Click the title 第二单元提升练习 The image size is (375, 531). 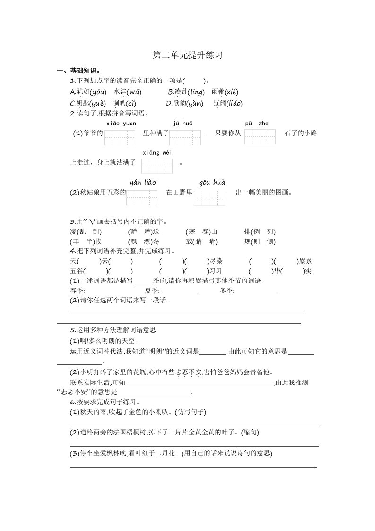click(187, 55)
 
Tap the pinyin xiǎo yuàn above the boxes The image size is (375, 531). click(121, 124)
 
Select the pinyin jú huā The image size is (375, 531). click(183, 124)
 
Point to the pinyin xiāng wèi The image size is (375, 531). click(157, 152)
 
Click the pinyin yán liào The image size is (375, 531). click(142, 182)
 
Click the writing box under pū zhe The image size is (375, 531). click(260, 136)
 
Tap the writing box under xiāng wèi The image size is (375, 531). click(157, 166)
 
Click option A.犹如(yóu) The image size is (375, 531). click(88, 92)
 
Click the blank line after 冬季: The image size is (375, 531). click(256, 291)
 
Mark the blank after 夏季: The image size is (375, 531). click(180, 291)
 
